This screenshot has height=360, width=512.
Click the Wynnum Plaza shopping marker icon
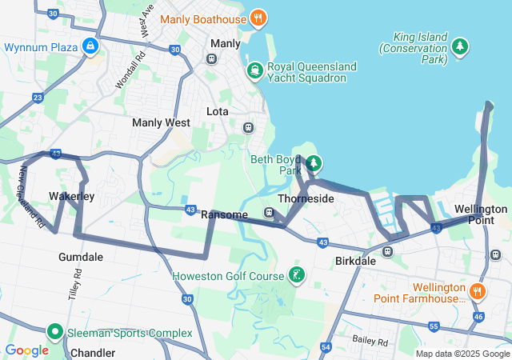(91, 47)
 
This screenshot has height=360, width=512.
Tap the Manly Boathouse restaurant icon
(258, 17)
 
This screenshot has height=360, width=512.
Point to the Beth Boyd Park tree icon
(314, 164)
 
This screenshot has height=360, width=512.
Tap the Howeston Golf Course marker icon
(297, 276)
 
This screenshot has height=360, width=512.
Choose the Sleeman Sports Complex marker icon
(55, 331)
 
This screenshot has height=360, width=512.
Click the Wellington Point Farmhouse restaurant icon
(478, 290)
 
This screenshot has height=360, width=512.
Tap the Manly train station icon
(212, 58)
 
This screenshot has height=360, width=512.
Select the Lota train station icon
(248, 127)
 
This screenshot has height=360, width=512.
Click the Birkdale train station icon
(387, 251)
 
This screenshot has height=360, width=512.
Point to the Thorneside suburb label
(306, 198)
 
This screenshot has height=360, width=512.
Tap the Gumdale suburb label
(81, 257)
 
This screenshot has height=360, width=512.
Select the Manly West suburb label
(161, 123)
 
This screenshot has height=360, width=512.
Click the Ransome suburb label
(225, 214)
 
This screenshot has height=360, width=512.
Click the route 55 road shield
(433, 326)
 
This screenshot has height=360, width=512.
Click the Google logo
(27, 350)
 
